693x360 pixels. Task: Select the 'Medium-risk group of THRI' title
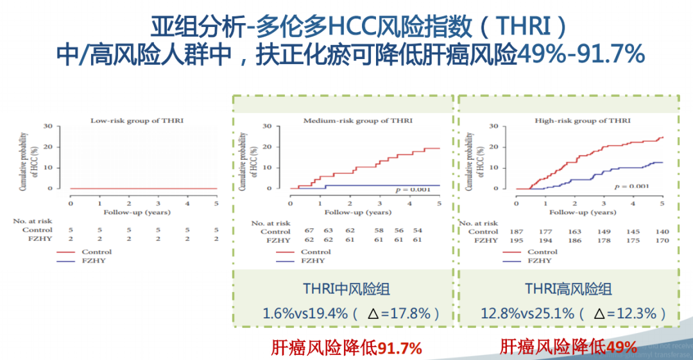(358, 120)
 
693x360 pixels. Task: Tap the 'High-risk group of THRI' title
(583, 120)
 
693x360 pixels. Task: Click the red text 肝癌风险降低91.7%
(346, 348)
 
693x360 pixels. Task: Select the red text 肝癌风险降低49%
(569, 347)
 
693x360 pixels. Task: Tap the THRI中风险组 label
(346, 289)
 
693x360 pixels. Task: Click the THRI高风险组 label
(568, 289)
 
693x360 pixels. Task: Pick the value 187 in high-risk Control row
(516, 231)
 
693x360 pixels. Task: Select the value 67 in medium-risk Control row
(309, 231)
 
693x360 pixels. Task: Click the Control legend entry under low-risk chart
(96, 252)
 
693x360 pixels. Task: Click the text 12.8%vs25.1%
(528, 313)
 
